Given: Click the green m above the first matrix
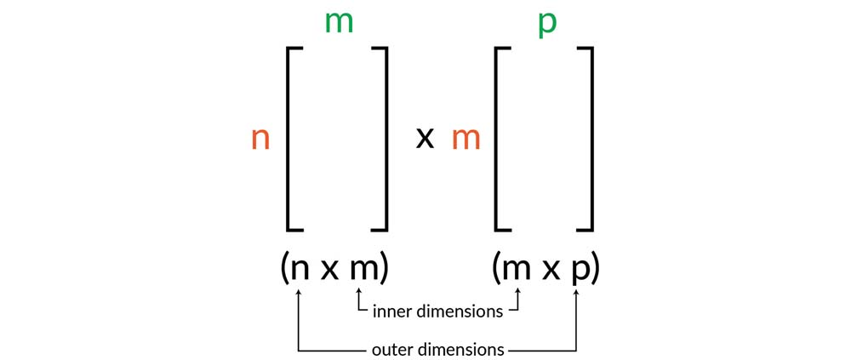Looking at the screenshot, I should click(x=339, y=23).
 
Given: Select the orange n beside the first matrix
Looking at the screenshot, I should click(x=260, y=139).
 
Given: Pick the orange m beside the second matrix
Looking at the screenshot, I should click(x=465, y=139).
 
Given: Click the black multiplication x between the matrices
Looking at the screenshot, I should click(x=425, y=138).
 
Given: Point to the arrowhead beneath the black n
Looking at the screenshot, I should click(x=299, y=294).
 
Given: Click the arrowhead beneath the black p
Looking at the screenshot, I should click(x=578, y=294).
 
